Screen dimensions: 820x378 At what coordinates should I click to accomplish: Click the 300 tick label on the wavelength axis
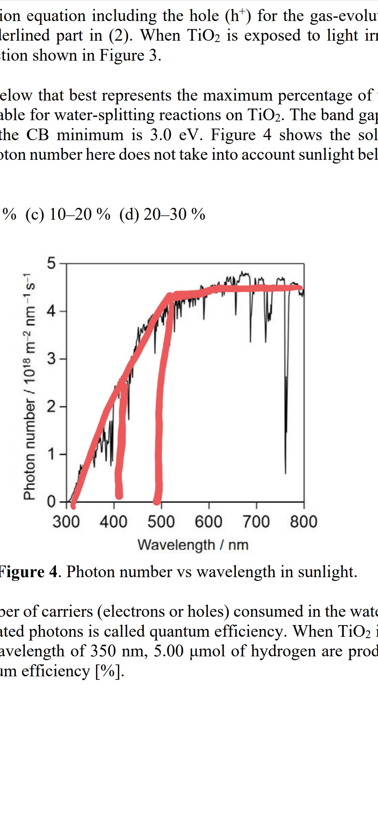click(66, 521)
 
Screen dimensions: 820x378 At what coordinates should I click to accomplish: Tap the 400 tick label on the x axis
click(113, 521)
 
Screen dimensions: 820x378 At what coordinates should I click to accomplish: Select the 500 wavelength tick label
click(161, 521)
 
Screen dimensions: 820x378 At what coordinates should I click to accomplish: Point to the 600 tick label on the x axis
click(209, 521)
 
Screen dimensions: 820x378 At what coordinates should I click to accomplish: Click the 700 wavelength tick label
click(256, 521)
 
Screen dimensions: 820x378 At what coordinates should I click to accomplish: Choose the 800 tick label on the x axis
click(303, 521)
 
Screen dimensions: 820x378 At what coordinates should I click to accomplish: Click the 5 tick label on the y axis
click(51, 263)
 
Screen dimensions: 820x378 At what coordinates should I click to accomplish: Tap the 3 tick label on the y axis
click(51, 359)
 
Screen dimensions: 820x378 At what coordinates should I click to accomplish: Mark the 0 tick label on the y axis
click(51, 502)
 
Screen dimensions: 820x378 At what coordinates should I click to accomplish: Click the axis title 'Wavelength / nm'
click(193, 545)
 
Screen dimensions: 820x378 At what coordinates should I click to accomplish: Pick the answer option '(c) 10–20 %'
click(68, 214)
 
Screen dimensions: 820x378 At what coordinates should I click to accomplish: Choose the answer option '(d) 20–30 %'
click(162, 214)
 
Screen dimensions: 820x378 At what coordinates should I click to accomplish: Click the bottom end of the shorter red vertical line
click(119, 495)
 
